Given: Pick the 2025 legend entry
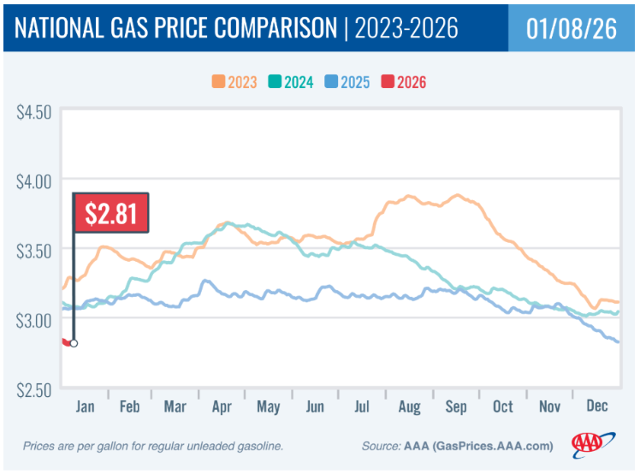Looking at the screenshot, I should tap(348, 82).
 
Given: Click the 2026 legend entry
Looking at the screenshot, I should tap(404, 82).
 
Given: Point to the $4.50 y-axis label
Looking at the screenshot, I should tap(34, 112).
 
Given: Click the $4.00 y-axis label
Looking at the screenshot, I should tap(34, 181).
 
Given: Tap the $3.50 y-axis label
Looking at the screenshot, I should tap(34, 250).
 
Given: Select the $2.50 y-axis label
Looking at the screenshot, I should tap(34, 388).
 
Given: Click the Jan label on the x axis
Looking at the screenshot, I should tap(86, 407).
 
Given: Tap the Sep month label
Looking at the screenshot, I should tap(456, 407).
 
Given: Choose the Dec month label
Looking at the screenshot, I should tap(596, 407).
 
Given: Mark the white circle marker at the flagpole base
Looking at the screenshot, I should tap(74, 343).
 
